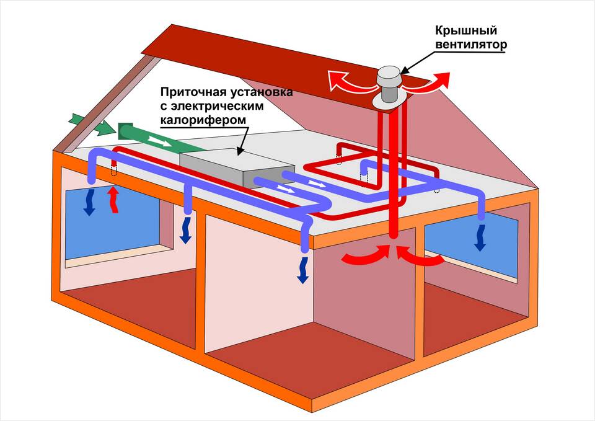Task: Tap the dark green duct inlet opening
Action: coord(123,131)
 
